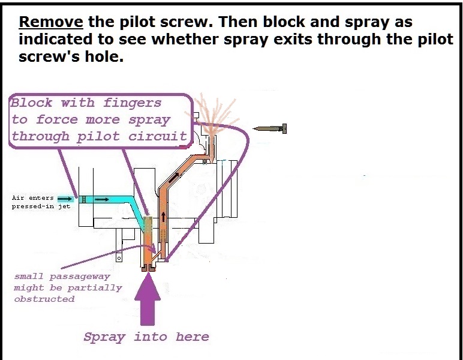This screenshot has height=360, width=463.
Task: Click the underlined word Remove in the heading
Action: (51, 23)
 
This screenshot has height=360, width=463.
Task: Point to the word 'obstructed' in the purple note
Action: (44, 299)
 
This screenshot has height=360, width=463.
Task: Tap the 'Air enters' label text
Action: (33, 197)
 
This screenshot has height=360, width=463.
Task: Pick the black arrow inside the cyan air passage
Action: (101, 199)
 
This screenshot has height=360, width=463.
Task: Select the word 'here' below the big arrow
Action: (192, 337)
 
